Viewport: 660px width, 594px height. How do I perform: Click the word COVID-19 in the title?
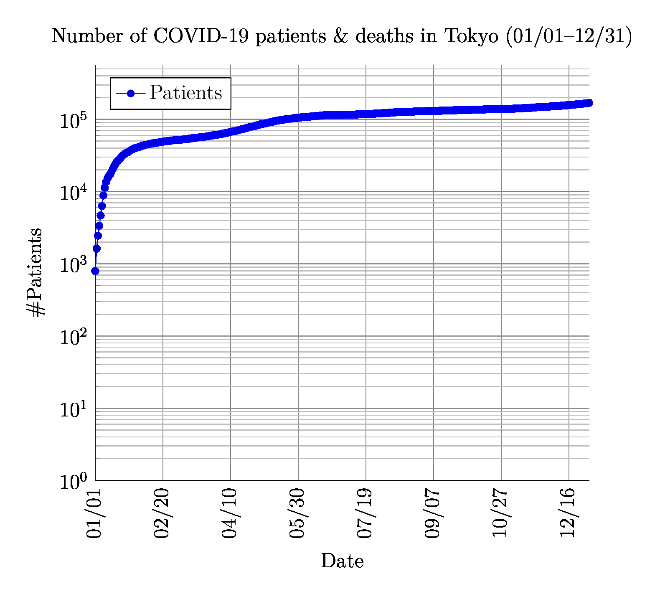201,36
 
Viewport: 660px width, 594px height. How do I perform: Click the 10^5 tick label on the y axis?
73,121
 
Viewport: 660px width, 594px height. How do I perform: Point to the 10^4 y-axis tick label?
73,193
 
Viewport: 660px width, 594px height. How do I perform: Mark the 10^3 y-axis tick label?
73,265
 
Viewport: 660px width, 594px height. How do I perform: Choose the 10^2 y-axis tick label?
73,338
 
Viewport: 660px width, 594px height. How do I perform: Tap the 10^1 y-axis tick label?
73,410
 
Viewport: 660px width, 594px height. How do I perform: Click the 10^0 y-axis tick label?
73,482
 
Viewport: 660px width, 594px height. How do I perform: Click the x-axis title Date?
342,561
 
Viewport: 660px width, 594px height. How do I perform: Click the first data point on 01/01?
95,271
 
